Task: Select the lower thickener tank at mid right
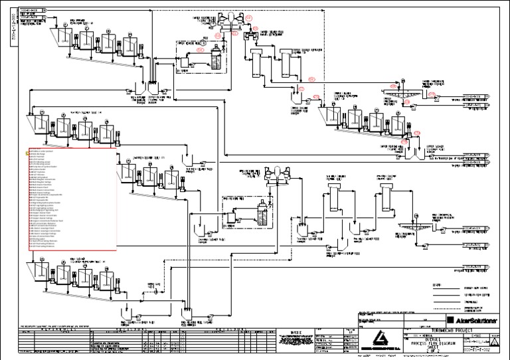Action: pos(414,234)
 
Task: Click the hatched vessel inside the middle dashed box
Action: pos(265,215)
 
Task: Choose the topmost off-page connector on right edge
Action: pos(475,96)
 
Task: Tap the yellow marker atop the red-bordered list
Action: pos(29,151)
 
